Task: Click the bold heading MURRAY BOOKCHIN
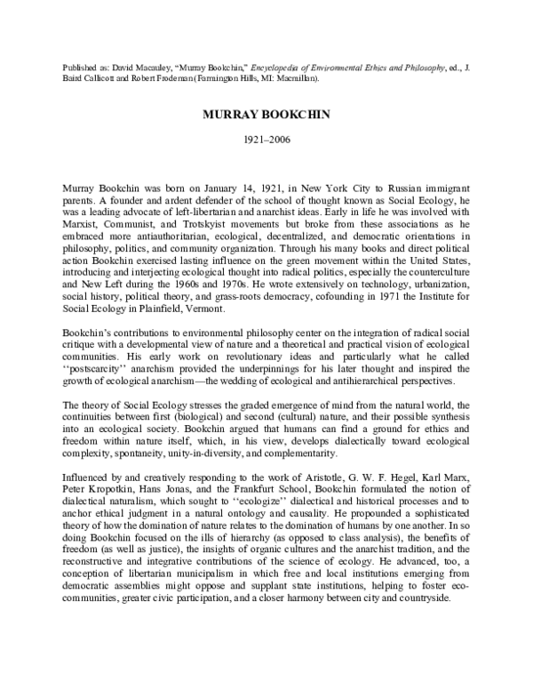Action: (x=266, y=117)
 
